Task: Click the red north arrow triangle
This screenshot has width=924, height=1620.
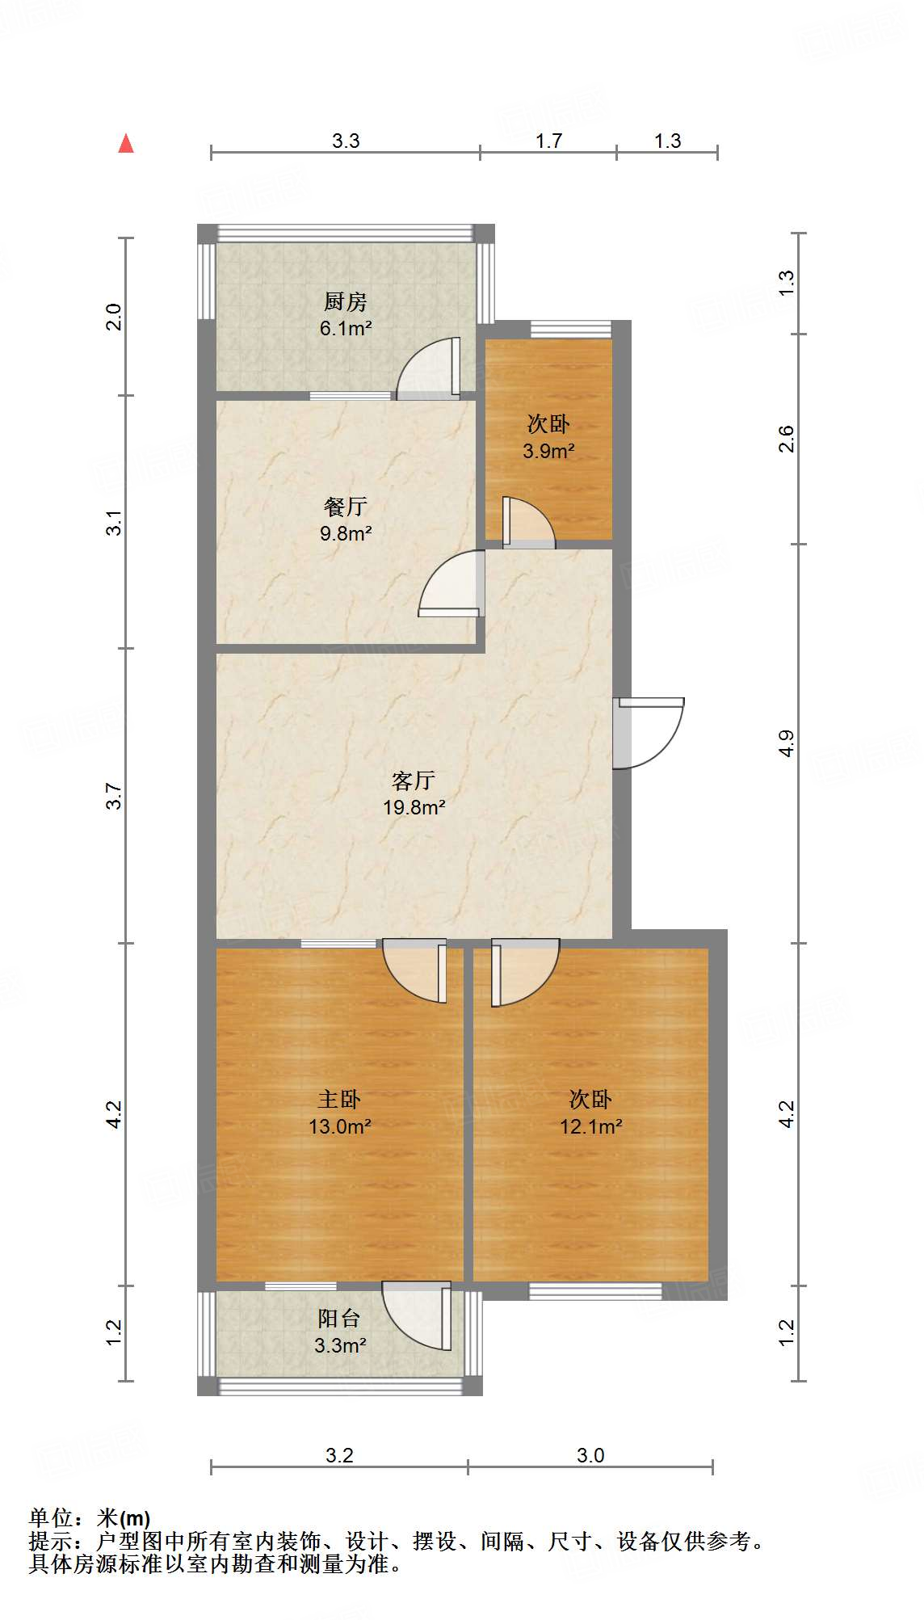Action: (126, 144)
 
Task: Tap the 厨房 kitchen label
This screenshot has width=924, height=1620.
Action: (345, 301)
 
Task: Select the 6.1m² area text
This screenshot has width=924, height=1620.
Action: (345, 328)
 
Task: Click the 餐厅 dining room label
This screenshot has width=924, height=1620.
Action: (345, 507)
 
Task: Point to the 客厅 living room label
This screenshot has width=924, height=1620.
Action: (414, 780)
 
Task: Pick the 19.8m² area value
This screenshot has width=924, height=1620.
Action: (414, 807)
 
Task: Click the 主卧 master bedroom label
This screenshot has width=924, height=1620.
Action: (339, 1099)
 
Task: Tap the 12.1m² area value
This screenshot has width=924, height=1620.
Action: (590, 1126)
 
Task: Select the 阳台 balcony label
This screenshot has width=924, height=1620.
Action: (339, 1319)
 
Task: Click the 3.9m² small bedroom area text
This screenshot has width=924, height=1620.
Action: (548, 451)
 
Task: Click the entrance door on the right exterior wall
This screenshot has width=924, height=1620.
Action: (648, 732)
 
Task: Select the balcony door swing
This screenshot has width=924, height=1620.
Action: (417, 1315)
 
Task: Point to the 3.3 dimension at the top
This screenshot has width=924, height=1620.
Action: (346, 141)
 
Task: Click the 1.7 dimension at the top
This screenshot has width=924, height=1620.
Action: (548, 141)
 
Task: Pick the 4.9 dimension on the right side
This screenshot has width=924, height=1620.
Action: (786, 743)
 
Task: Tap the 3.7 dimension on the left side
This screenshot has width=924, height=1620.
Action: (115, 796)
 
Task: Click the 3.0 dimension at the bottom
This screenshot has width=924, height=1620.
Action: (590, 1455)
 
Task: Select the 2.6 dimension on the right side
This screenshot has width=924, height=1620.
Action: (786, 439)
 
